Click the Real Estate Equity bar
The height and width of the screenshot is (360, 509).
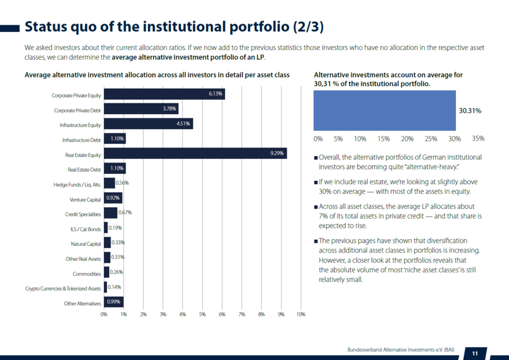click(195, 154)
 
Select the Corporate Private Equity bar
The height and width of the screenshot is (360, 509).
click(164, 94)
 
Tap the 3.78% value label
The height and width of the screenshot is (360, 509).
click(169, 109)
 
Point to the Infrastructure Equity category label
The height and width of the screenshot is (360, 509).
click(80, 125)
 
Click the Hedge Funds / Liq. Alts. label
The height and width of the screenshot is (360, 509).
click(77, 184)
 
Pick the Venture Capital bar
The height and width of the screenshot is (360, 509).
click(113, 198)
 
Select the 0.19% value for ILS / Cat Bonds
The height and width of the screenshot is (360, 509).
click(115, 228)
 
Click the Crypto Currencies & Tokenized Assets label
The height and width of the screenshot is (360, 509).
click(63, 289)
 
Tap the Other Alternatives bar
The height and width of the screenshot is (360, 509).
click(114, 302)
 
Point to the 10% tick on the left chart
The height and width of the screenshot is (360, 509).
click(301, 315)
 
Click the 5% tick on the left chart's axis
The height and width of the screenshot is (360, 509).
click(202, 315)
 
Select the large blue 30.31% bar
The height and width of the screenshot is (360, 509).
click(384, 111)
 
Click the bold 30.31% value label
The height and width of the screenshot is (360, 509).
click(470, 111)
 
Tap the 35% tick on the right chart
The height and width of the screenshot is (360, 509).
click(478, 138)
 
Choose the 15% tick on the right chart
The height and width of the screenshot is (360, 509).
click(383, 138)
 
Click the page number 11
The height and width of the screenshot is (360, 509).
click(475, 353)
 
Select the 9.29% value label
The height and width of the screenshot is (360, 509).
click(277, 154)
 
